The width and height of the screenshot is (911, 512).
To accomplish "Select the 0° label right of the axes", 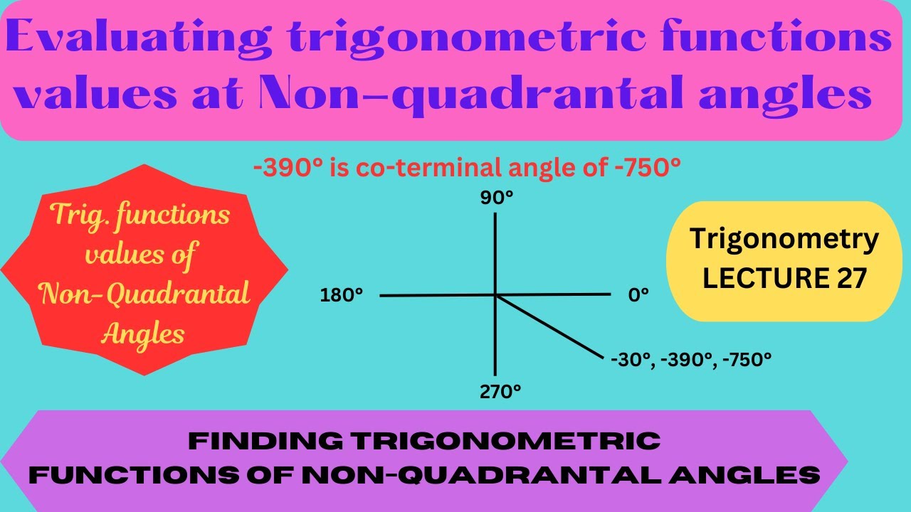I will [x=638, y=294].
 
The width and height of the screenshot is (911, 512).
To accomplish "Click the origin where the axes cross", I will [x=495, y=294].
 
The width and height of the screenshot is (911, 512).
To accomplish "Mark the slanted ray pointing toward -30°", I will [x=552, y=328].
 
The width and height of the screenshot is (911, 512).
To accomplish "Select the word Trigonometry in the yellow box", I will [x=784, y=240].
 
